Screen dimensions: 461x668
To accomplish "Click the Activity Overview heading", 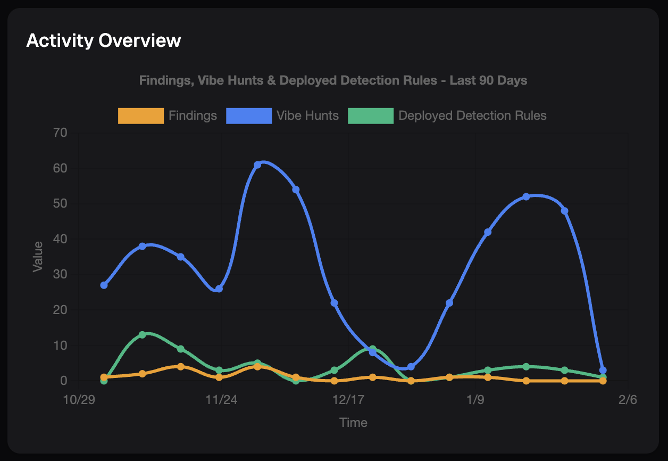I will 104,40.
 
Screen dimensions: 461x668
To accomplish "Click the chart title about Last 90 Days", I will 333,80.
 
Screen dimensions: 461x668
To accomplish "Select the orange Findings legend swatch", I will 140,116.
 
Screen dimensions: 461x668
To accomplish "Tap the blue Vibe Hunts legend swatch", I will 248,116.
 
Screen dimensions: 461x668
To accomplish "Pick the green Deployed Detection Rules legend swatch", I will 370,116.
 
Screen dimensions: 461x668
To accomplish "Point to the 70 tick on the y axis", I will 60,133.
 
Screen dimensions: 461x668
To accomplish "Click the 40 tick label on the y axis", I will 60,239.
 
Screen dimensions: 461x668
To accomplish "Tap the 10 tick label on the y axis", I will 60,345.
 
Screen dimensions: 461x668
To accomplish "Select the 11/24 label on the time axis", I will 221,400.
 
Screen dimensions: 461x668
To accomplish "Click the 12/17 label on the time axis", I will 348,400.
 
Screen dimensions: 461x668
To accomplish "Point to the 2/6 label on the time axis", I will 628,400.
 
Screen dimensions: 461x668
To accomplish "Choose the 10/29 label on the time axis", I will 79,400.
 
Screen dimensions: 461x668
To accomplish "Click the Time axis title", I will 353,423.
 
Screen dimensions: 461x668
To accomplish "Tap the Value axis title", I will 38,257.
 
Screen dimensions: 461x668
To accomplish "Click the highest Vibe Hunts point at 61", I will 257,164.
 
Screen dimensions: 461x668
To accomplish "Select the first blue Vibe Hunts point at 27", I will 104,285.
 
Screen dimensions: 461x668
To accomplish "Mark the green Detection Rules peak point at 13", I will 142,335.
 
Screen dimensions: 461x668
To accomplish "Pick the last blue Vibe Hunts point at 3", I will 603,370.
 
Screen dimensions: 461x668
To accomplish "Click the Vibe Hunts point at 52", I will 526,196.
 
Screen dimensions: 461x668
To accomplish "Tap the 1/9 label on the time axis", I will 475,400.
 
